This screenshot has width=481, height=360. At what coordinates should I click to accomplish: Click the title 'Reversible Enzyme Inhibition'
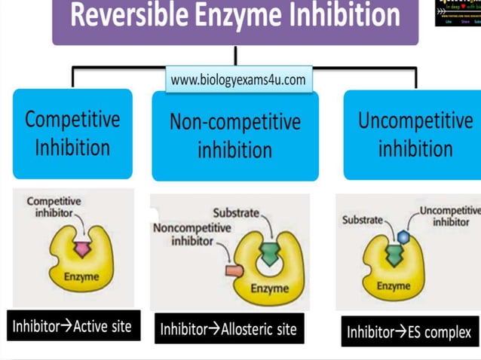[235, 17]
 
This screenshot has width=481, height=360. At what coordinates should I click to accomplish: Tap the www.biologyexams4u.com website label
[238, 79]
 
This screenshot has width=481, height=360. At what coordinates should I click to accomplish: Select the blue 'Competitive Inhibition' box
[72, 133]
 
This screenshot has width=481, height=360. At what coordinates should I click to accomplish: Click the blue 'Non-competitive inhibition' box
[234, 136]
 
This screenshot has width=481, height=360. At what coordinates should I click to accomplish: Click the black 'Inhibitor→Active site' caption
[72, 326]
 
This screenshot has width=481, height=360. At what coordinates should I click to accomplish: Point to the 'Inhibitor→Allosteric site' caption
[229, 328]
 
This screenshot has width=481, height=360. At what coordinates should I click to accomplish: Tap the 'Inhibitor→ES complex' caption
[409, 331]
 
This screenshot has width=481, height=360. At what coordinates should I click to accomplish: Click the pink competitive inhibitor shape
[80, 247]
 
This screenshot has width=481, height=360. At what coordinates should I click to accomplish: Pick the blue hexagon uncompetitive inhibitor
[403, 236]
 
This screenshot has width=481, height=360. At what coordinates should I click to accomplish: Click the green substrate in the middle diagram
[268, 249]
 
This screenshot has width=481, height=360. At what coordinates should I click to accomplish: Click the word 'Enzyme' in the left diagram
[81, 277]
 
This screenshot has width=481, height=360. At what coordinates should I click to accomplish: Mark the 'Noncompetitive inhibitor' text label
[184, 234]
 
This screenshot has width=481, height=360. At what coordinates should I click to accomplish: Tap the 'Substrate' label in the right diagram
[363, 221]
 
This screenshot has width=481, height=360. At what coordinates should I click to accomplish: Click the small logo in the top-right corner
[458, 13]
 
